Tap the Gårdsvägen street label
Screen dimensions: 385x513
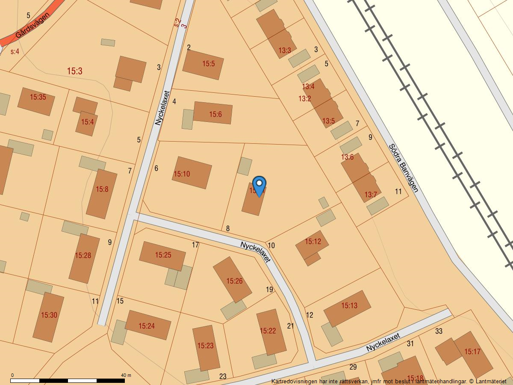pos(32,25)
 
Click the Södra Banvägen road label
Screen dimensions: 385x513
pos(403,168)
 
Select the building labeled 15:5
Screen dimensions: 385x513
pos(203,65)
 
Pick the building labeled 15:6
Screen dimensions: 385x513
pos(213,113)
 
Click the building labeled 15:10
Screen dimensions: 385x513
pos(192,172)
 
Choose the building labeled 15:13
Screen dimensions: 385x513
pos(347,308)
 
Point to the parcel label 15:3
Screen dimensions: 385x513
pos(74,71)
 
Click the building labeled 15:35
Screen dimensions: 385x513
pos(36,101)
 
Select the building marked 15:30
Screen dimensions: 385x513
pos(48,317)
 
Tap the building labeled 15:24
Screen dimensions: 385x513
pos(148,325)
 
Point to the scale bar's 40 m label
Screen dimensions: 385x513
pos(126,375)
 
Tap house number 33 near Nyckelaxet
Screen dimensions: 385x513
pos(439,331)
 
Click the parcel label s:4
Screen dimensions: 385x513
pos(15,52)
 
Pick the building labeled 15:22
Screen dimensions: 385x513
pos(271,332)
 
